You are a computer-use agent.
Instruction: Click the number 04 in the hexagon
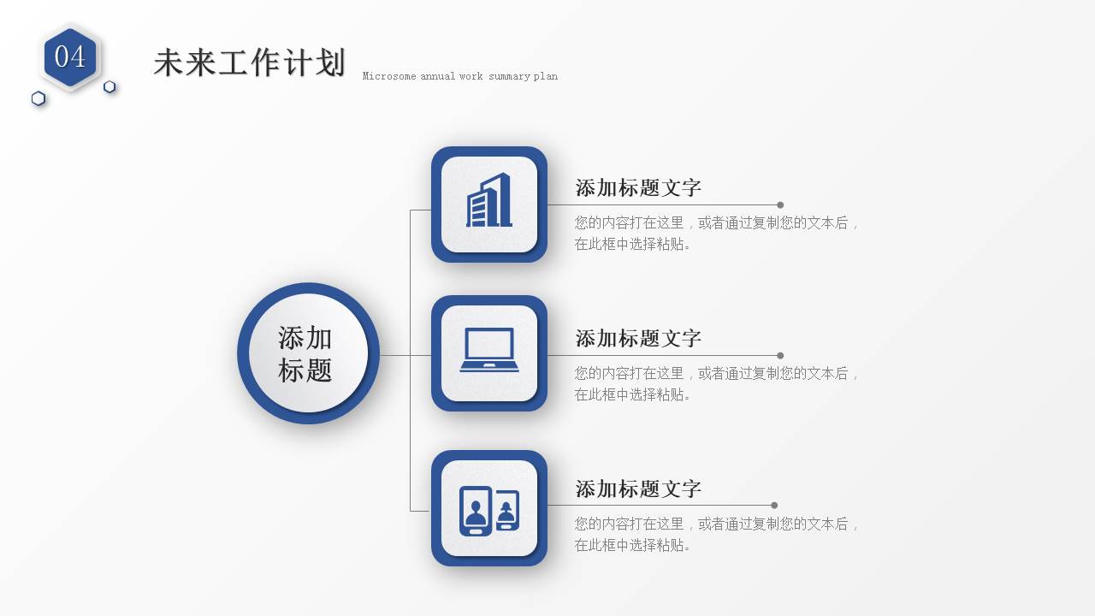tap(70, 56)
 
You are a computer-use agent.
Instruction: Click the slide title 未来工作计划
tap(249, 63)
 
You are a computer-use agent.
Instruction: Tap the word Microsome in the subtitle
tap(389, 76)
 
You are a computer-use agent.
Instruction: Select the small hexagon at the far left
tap(38, 98)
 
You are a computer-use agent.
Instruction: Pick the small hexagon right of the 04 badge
tap(109, 86)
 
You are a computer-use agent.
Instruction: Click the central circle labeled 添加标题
tap(308, 353)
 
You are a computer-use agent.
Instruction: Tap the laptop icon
tap(489, 351)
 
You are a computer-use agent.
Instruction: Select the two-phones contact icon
tap(489, 510)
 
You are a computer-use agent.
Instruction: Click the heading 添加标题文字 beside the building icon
tap(638, 188)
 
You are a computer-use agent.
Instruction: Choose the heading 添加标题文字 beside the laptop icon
tap(638, 339)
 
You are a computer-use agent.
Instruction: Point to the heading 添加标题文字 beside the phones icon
tap(638, 489)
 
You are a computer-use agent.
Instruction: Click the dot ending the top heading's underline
tap(780, 205)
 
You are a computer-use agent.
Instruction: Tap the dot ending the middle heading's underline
tap(780, 355)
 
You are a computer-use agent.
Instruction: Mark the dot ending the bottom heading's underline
tap(774, 506)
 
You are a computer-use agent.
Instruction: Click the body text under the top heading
tap(717, 233)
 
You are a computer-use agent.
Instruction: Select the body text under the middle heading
tap(717, 383)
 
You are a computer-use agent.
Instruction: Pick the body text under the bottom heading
tap(717, 534)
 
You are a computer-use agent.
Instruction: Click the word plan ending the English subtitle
tap(546, 76)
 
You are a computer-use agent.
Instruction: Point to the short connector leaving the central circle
tap(394, 355)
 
